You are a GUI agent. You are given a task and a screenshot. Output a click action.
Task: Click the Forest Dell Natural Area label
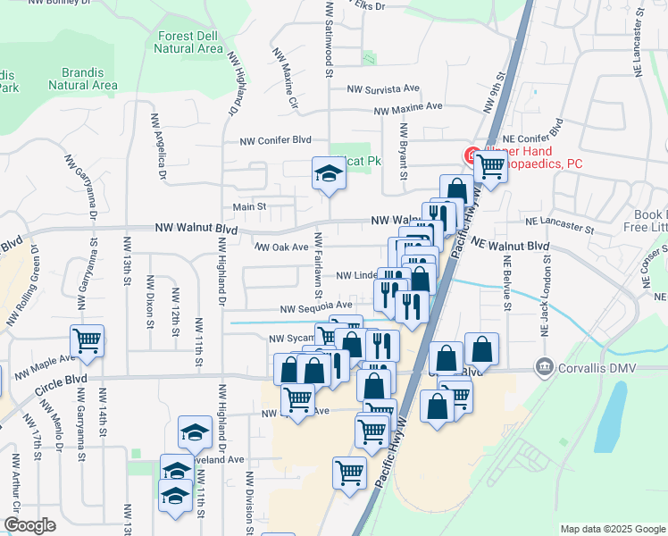point(188,42)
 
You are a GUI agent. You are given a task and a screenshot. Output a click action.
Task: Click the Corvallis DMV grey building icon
point(543,366)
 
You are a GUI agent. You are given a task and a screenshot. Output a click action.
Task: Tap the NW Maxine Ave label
point(408,108)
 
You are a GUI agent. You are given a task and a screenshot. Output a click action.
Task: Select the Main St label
point(250,207)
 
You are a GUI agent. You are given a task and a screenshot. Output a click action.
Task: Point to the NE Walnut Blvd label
point(510,244)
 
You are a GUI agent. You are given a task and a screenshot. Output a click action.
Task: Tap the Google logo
point(29,525)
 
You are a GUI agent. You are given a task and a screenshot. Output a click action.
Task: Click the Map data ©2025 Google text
point(611,528)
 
